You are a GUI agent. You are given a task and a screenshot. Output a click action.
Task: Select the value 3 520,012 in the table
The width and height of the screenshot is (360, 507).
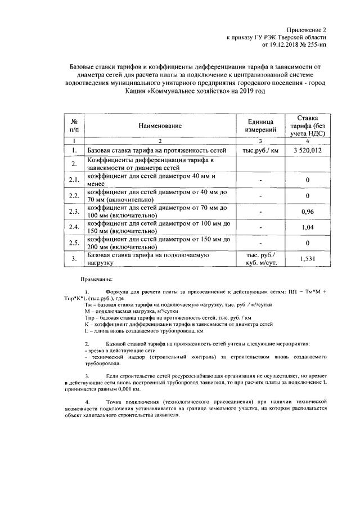307,151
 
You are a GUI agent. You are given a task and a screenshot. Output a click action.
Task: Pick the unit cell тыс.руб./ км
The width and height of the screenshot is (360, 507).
259,151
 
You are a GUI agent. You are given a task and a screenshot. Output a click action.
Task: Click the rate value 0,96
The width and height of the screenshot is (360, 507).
307,212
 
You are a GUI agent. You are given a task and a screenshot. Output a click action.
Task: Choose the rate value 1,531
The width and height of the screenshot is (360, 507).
307,258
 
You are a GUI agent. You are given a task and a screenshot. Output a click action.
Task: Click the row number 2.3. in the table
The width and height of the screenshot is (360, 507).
73,212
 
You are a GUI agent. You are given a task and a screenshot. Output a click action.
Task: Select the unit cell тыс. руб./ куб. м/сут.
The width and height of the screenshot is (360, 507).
259,258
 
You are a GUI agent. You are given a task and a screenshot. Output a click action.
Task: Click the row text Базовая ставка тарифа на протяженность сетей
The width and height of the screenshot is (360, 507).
156,151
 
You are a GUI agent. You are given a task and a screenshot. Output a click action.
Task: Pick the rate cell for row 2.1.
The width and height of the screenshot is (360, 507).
307,180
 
